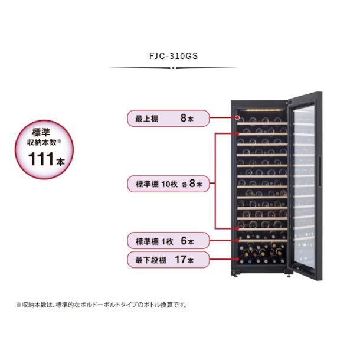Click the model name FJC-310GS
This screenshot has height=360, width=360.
point(174,56)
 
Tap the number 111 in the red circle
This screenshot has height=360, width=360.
point(41,159)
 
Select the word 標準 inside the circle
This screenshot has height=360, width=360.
point(41,132)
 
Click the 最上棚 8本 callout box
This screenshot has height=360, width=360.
point(168,119)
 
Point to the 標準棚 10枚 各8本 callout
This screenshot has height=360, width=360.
point(168,184)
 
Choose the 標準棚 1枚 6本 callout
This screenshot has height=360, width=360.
point(168,241)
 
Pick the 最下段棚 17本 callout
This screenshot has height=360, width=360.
point(168,260)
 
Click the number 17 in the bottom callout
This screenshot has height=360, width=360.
point(181,260)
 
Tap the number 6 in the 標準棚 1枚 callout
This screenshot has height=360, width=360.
point(184,241)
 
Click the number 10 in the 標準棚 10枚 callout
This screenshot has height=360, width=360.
point(166,184)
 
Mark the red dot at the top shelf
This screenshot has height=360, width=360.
point(238,118)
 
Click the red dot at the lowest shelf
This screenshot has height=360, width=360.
point(238,259)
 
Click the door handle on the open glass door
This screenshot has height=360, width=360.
point(320,172)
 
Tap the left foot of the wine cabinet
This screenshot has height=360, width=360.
point(235,274)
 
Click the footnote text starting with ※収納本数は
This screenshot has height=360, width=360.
point(102,305)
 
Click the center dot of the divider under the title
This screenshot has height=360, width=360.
point(174,68)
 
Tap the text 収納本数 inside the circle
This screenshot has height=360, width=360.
point(42,143)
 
